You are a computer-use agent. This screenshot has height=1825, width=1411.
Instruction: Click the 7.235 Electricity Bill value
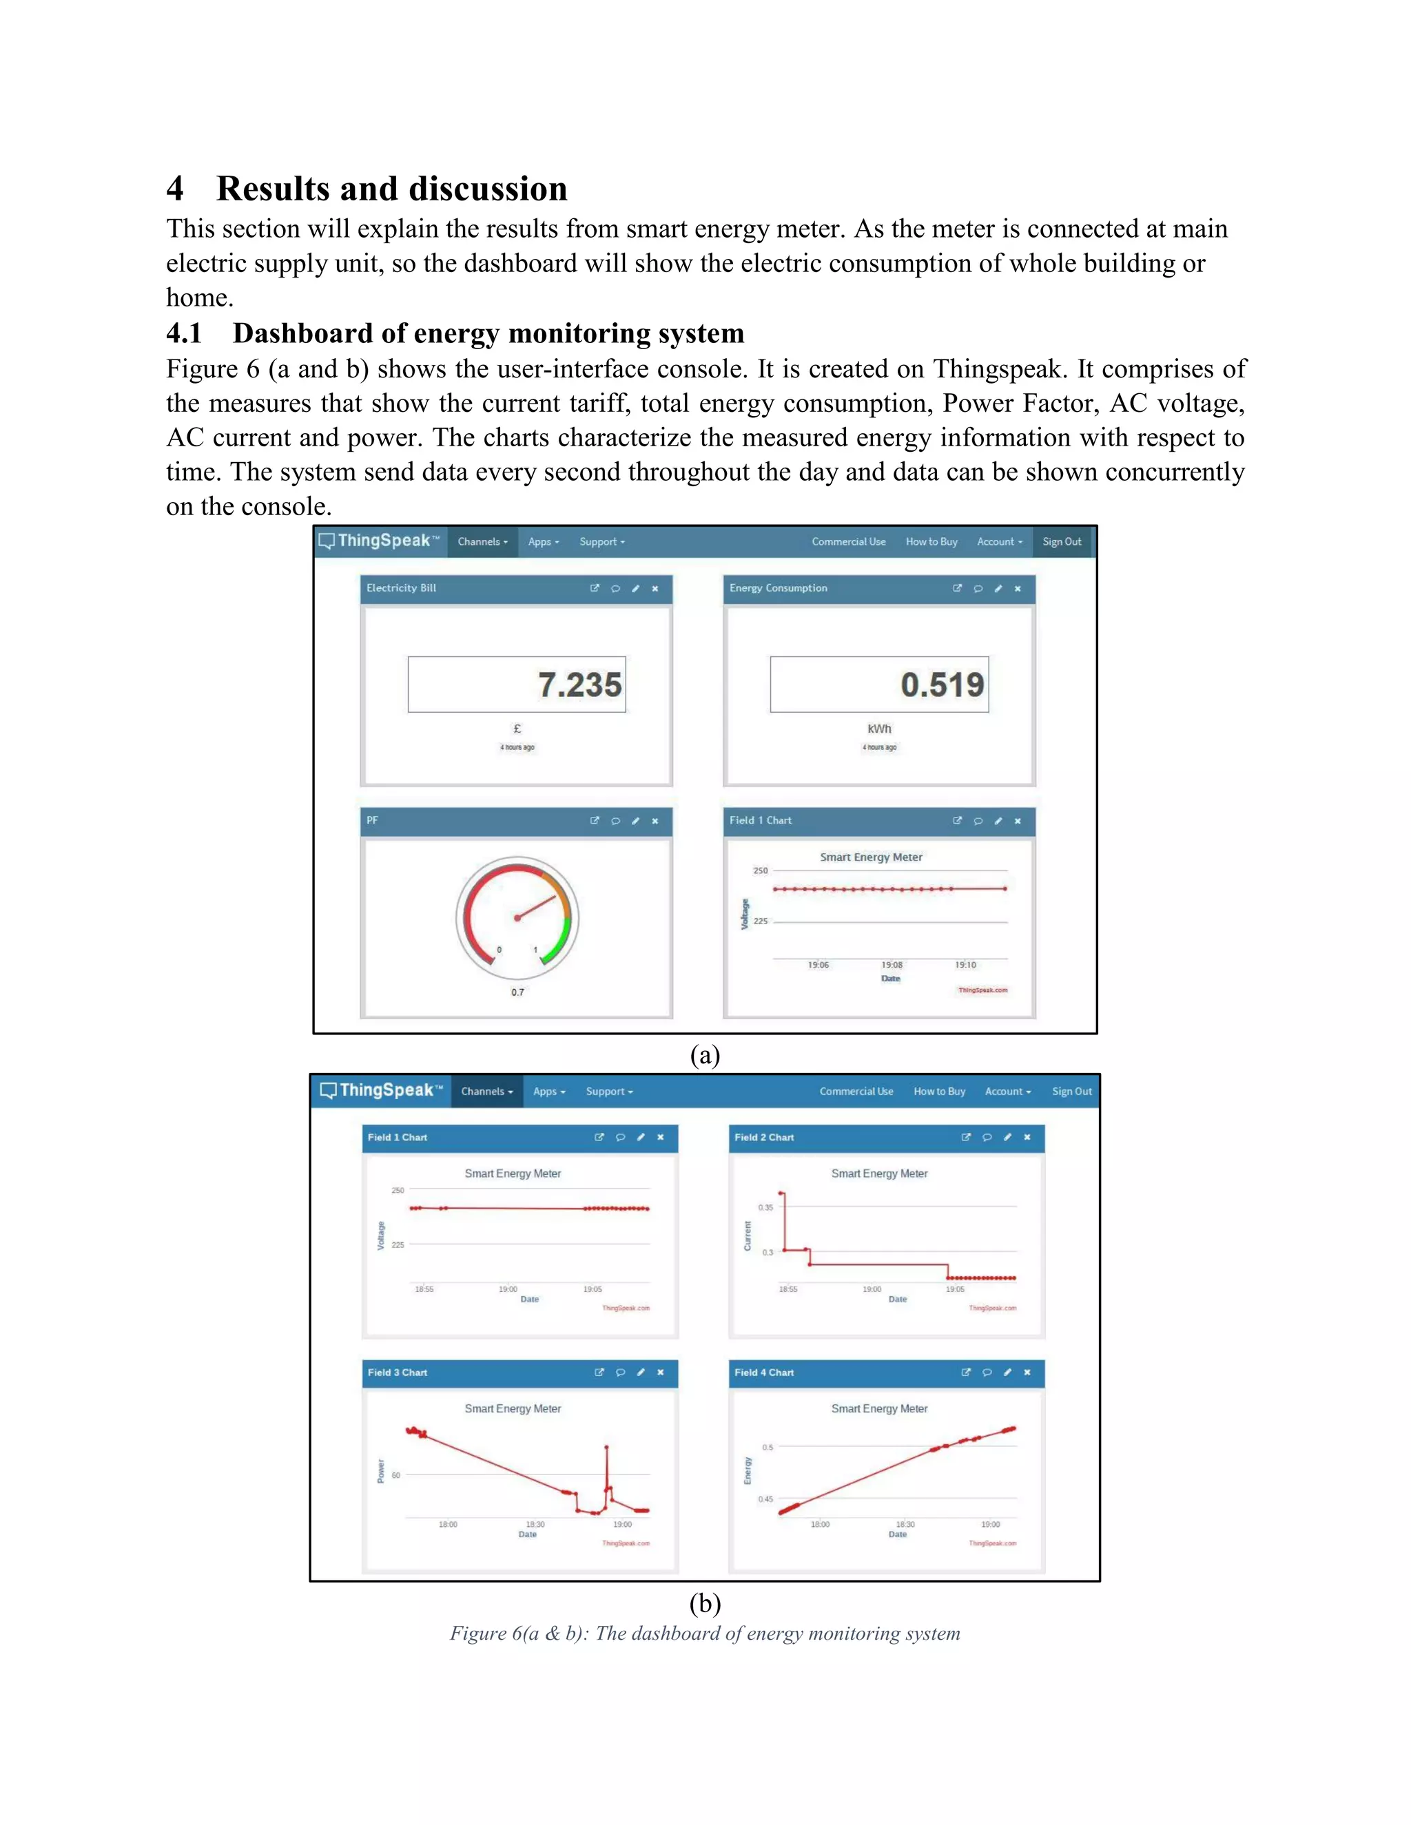[579, 685]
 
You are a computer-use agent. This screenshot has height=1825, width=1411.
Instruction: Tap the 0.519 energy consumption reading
[942, 685]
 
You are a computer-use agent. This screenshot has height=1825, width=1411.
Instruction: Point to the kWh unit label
[878, 729]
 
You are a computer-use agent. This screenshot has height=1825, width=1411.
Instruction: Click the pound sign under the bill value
[517, 729]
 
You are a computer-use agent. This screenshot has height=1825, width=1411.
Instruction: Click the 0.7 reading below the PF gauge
[517, 992]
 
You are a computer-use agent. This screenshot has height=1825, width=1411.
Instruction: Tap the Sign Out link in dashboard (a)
[1062, 541]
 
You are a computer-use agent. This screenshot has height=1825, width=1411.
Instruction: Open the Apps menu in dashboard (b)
[548, 1092]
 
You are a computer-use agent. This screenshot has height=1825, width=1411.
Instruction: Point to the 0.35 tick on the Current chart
[765, 1207]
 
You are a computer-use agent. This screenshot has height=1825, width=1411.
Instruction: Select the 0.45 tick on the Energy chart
[765, 1499]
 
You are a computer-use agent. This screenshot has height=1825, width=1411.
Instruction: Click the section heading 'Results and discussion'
[391, 189]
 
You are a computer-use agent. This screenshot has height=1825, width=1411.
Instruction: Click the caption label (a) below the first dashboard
[705, 1054]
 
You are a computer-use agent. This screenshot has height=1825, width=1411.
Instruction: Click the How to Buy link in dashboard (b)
[939, 1092]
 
